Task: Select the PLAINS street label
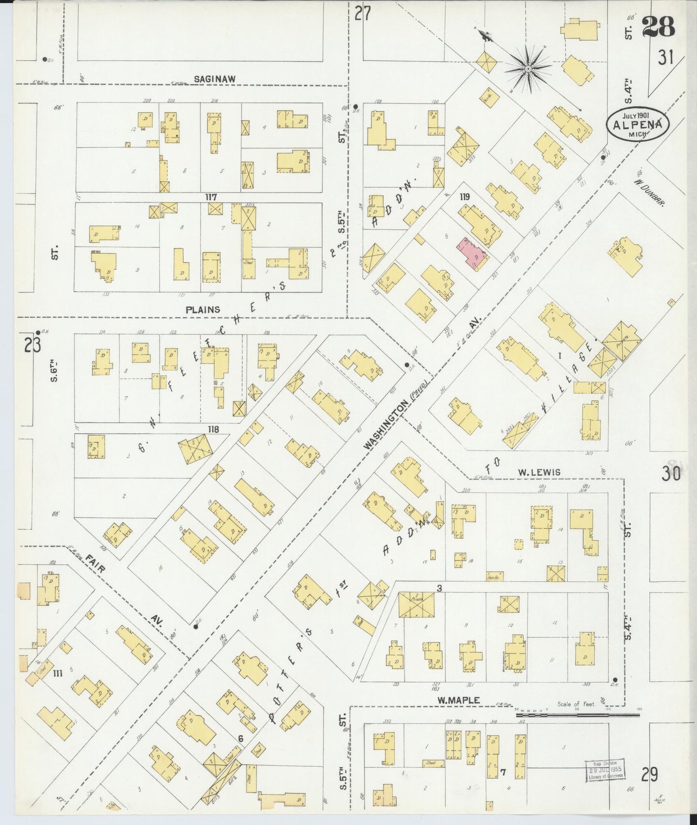tap(203, 309)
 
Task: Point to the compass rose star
tap(529, 69)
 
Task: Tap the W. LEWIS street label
tap(539, 472)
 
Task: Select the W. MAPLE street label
tap(458, 700)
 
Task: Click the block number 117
tap(211, 197)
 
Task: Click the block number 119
tap(465, 197)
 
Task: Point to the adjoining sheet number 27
tap(362, 14)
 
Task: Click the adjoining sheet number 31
tap(666, 58)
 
